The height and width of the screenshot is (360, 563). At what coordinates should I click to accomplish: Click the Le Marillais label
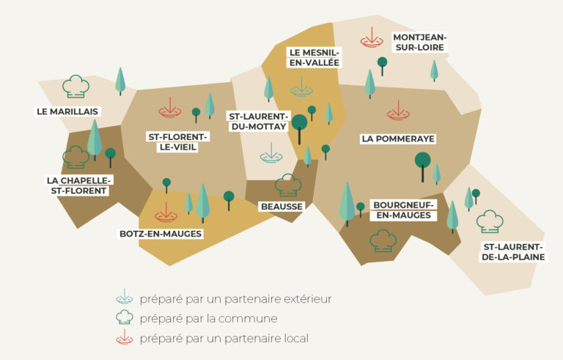tap(67, 111)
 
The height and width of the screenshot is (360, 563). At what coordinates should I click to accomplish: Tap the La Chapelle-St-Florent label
tap(78, 185)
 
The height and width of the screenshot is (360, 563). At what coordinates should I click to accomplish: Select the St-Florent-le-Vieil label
tap(179, 142)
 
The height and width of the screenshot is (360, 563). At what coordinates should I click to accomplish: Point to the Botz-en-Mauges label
tap(161, 234)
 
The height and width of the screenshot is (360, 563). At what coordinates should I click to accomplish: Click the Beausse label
tap(281, 207)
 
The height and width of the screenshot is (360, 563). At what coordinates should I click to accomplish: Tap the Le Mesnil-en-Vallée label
tap(314, 57)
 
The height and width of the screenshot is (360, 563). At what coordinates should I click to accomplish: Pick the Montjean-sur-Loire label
tap(419, 42)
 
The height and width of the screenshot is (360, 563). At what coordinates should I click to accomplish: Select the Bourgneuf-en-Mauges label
tap(402, 210)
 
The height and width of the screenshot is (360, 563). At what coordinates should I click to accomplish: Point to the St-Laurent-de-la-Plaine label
tap(512, 251)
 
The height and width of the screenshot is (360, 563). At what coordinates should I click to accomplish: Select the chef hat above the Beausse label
tap(286, 185)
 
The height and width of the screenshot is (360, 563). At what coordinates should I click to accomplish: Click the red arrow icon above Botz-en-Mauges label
tap(166, 214)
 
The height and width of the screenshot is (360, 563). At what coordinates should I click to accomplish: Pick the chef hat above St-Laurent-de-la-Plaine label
tap(489, 221)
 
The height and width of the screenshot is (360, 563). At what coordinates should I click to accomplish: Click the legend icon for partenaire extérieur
tap(125, 298)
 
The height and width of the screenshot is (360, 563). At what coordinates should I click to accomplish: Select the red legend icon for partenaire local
tap(125, 338)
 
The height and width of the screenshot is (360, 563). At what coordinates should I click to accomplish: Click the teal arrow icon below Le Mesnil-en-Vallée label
tap(301, 88)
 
